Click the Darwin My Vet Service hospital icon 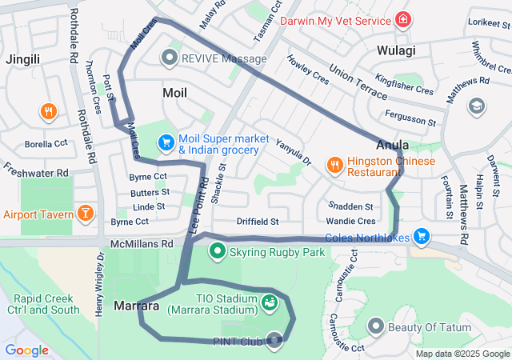(403, 18)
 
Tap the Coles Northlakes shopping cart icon (422, 237)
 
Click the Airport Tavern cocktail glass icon (84, 214)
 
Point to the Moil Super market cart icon (166, 142)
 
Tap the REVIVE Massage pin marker (169, 58)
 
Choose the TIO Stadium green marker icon (270, 302)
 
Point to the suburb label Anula (393, 146)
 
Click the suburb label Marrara (137, 306)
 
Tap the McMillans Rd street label (142, 243)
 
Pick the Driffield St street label (257, 221)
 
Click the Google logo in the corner (26, 350)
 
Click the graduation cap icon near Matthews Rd (477, 106)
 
